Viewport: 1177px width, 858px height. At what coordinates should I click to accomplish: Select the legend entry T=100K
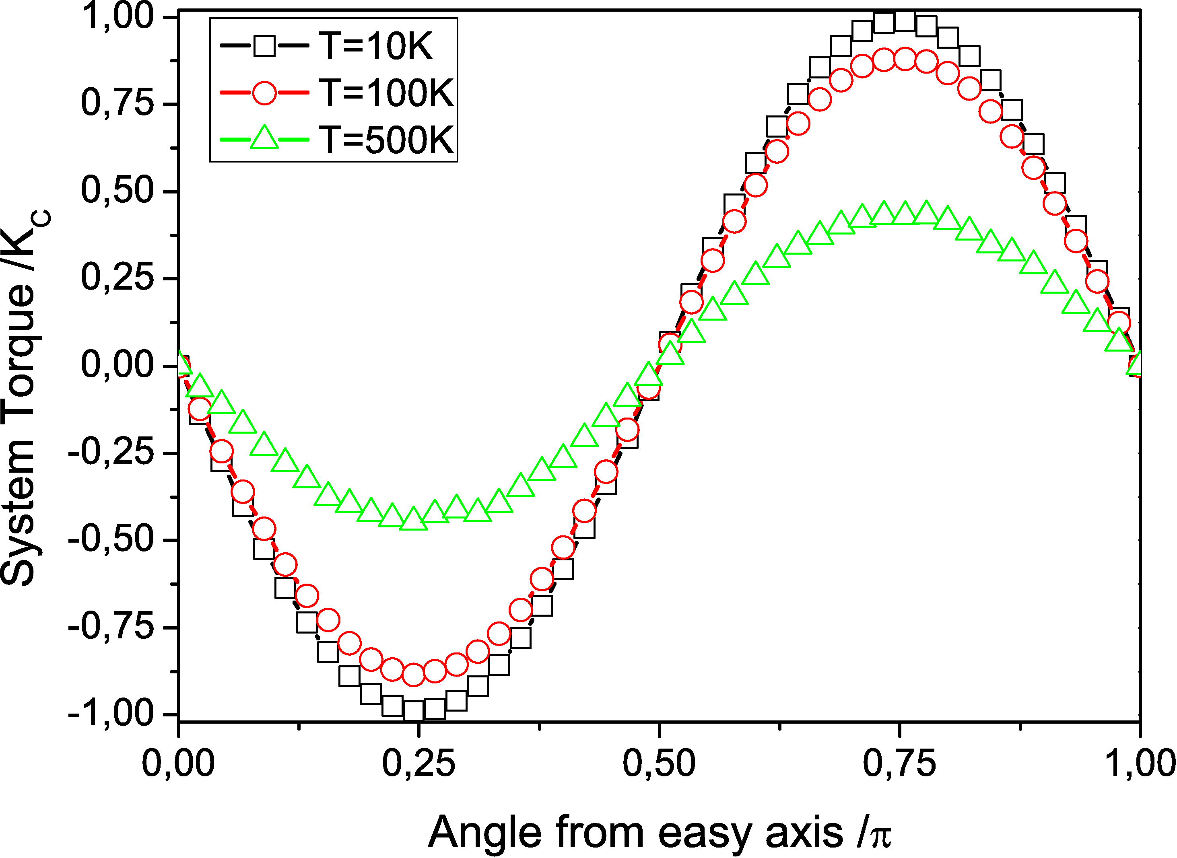(386, 93)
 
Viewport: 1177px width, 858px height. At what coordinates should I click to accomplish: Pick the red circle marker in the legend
(264, 93)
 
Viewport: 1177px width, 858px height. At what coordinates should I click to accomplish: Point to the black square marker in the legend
(264, 47)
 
